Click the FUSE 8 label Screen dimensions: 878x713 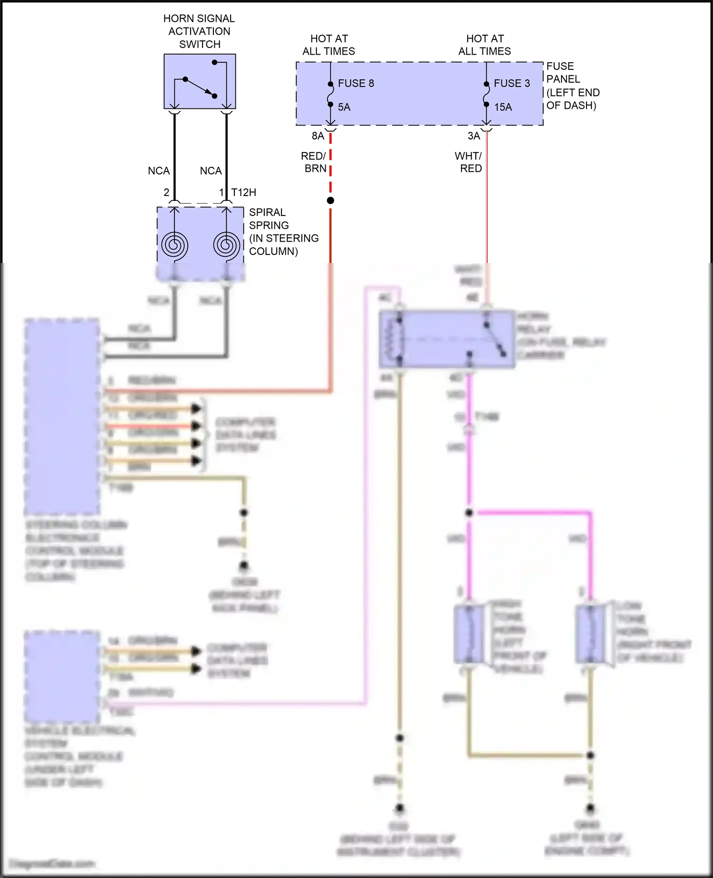(x=356, y=83)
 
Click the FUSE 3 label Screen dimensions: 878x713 (x=511, y=83)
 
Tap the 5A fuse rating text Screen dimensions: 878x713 (x=344, y=107)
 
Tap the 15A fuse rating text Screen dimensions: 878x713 (x=503, y=107)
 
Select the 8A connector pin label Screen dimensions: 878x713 (x=318, y=136)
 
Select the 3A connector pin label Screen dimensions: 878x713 (x=474, y=136)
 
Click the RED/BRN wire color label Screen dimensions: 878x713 (x=315, y=162)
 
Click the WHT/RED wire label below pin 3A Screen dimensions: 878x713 (x=469, y=162)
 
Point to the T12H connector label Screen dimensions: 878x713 (x=243, y=192)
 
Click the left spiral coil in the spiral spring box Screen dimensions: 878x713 (x=174, y=245)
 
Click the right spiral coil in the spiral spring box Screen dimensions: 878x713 (x=227, y=245)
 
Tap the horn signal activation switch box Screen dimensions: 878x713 (x=200, y=81)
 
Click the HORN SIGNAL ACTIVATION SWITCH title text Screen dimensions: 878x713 (x=199, y=31)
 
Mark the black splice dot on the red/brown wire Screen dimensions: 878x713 (x=330, y=201)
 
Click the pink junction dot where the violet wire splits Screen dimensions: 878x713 (x=469, y=513)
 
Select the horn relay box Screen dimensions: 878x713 (x=447, y=339)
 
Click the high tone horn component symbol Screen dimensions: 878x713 (x=469, y=634)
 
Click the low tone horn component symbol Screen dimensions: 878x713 (x=590, y=634)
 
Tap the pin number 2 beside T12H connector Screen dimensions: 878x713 (x=166, y=192)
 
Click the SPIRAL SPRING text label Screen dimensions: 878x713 (x=269, y=219)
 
